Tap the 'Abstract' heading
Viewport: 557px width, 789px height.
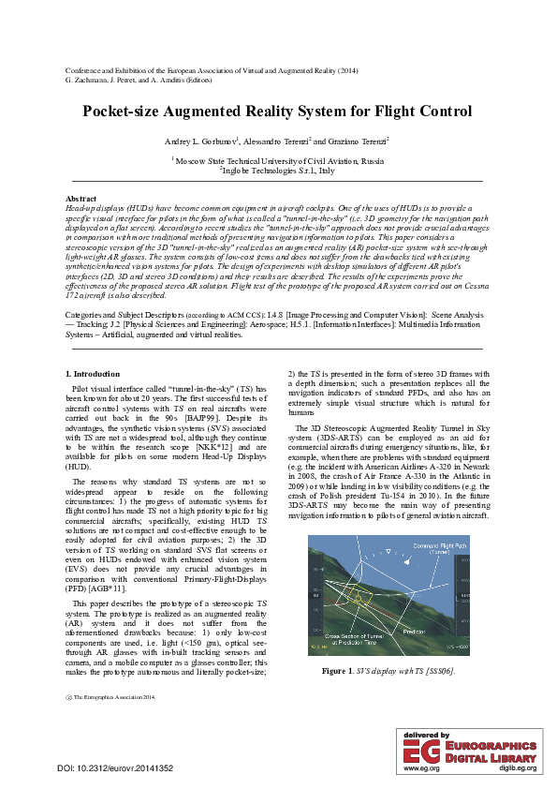click(x=81, y=199)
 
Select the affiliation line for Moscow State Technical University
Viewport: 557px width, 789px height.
click(x=278, y=161)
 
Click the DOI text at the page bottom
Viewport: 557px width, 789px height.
click(x=115, y=768)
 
